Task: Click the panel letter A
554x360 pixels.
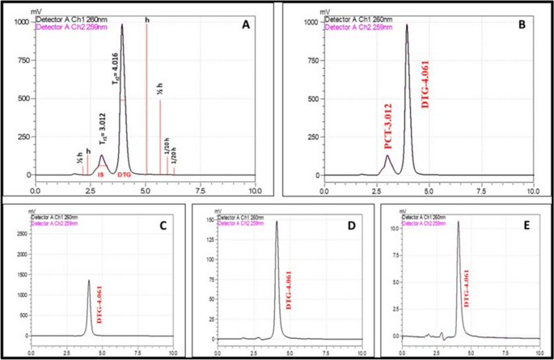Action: pos(245,25)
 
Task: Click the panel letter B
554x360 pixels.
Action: pos(521,25)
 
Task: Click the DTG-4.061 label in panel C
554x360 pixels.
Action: pos(99,306)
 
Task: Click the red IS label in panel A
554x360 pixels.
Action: pos(101,174)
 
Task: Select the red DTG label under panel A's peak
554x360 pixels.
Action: pos(125,174)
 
